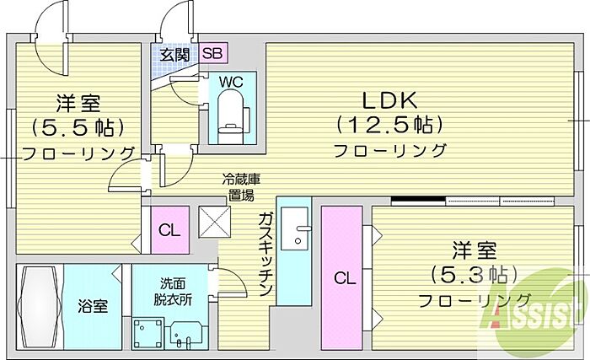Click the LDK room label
click(389, 100)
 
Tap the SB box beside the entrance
click(213, 53)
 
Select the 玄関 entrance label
click(174, 55)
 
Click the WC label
click(232, 82)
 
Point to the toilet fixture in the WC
click(231, 116)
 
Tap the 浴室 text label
click(93, 306)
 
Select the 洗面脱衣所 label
click(173, 291)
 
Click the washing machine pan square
click(148, 333)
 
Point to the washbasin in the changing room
click(187, 335)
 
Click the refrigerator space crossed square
click(214, 222)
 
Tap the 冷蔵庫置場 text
click(241, 187)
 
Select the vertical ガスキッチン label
click(265, 254)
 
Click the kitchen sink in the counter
click(295, 228)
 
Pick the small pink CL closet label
click(169, 230)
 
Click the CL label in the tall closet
click(345, 279)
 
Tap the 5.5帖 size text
click(78, 127)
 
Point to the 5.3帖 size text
click(474, 275)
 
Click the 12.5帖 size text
click(389, 125)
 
